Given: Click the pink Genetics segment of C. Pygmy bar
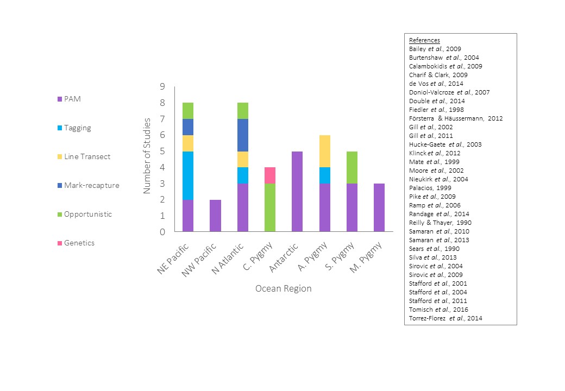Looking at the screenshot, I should (270, 175).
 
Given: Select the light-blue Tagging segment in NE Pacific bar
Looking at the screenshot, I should (188, 175).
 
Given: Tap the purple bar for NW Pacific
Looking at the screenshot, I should (215, 216).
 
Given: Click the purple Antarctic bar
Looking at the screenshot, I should (297, 191).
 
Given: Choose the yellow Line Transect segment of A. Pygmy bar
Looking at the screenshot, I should (324, 152).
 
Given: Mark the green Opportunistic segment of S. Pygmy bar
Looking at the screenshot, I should (352, 167).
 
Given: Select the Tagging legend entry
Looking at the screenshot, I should (77, 128).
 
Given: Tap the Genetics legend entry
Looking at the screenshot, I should (79, 243).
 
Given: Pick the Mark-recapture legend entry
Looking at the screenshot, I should (91, 185).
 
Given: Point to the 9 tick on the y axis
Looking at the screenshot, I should (162, 87).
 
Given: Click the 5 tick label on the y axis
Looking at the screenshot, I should (162, 152).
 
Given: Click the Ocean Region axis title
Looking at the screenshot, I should (284, 288).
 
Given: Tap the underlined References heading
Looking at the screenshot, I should (424, 40).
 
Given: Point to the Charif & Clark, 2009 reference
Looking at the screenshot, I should (438, 75).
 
